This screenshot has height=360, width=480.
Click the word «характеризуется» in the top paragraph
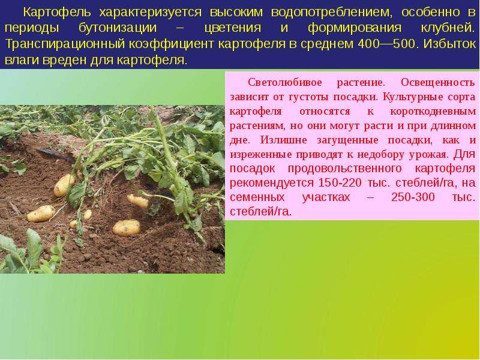(x=151, y=13)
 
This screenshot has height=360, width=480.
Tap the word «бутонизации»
(x=118, y=28)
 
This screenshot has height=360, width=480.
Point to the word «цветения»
(x=233, y=28)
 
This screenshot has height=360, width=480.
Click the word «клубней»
(x=448, y=28)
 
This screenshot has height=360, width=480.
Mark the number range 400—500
(x=387, y=44)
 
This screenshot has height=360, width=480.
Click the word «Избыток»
(x=449, y=44)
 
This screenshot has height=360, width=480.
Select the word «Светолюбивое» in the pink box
(x=285, y=82)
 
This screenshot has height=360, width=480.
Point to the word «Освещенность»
(x=438, y=83)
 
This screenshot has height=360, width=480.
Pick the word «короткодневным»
(x=433, y=111)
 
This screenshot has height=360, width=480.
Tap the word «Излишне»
(x=283, y=140)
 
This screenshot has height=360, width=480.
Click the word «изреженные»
(x=261, y=155)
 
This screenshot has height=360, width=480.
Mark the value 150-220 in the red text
(x=340, y=183)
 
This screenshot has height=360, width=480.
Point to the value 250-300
(x=413, y=197)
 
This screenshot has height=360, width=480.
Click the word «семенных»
(x=257, y=197)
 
